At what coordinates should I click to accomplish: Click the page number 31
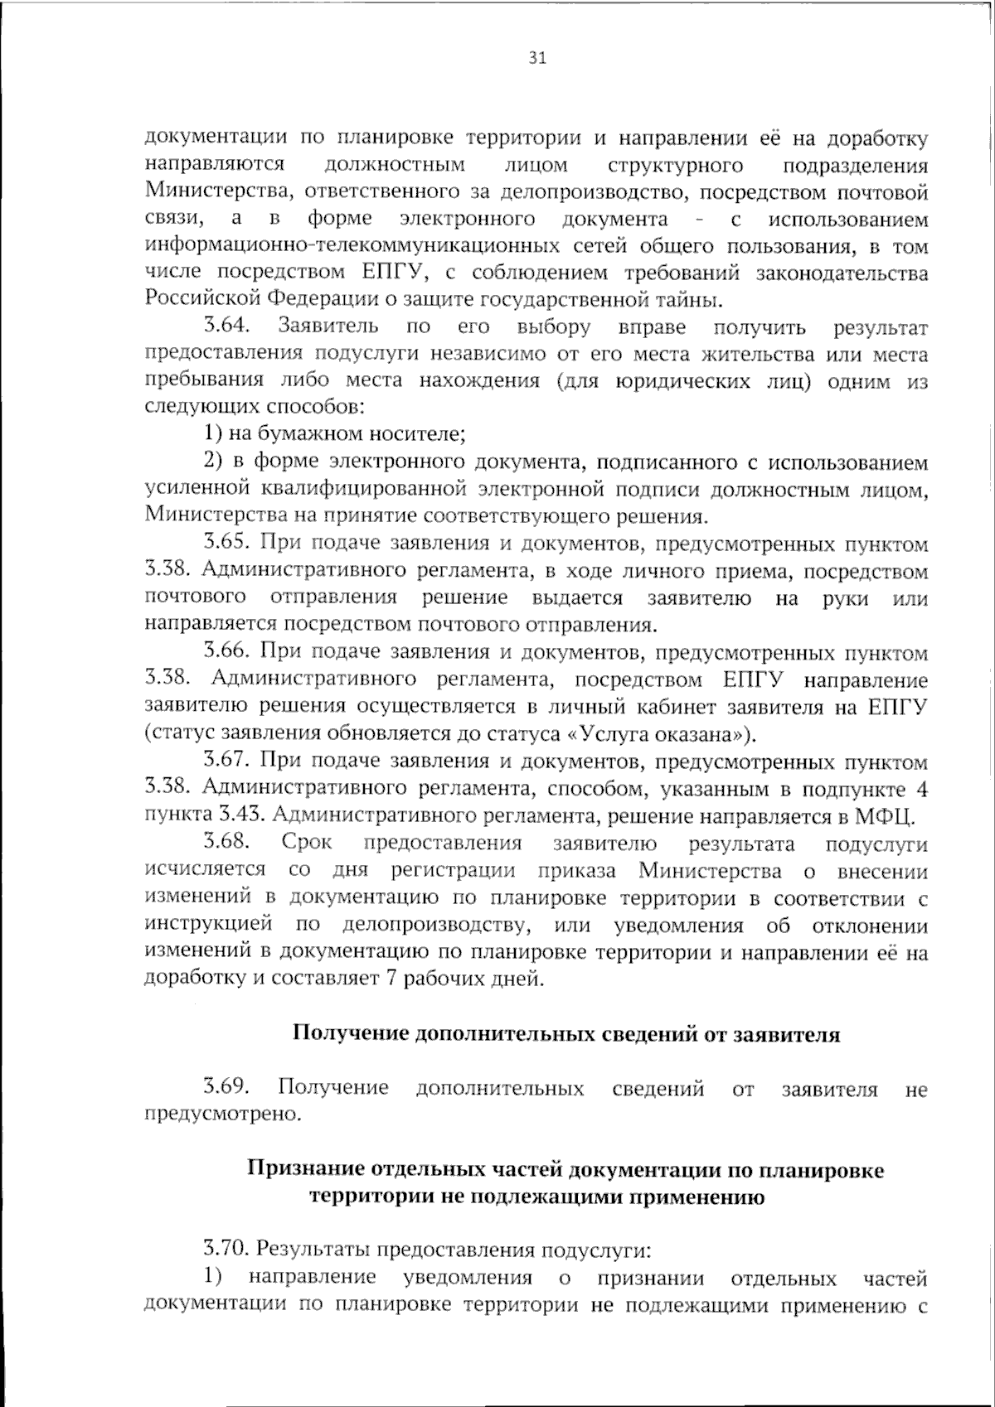tap(536, 58)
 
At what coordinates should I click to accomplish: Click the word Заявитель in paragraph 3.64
tap(329, 326)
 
